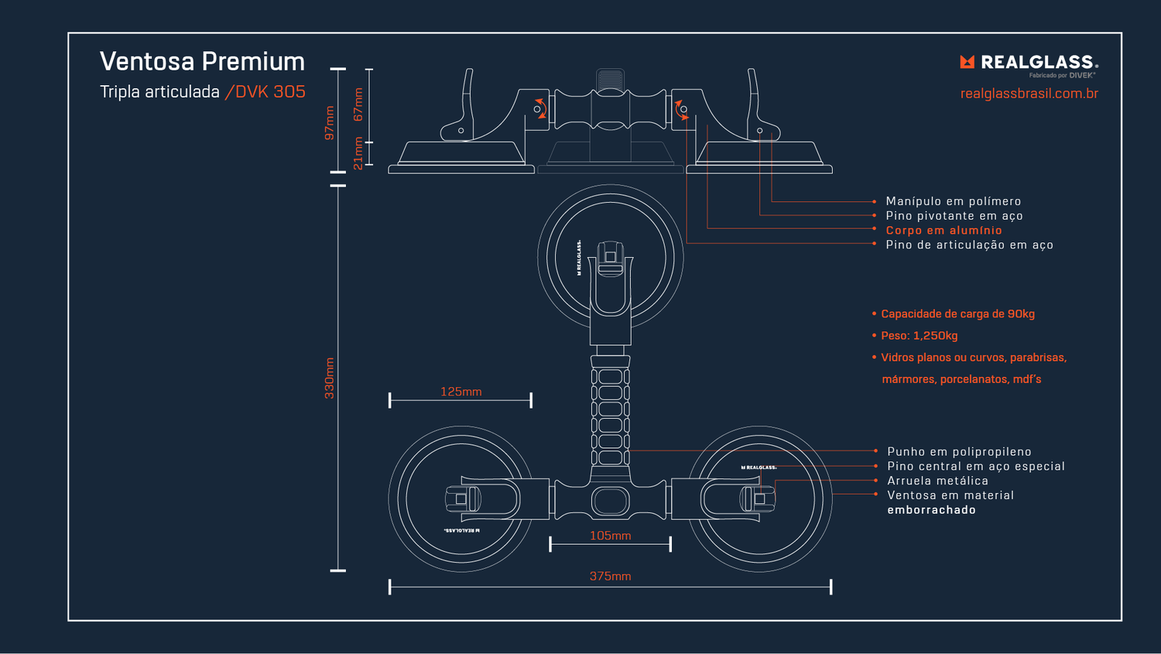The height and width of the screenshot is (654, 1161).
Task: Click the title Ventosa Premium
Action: coord(202,61)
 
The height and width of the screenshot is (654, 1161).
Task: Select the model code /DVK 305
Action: coord(265,91)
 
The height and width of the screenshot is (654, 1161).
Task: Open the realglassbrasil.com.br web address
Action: coord(1029,94)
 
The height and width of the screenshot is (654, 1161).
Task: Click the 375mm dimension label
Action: coord(610,576)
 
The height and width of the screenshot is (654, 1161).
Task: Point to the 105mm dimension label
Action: coord(610,536)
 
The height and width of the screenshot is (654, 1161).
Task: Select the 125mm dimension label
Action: coord(461,392)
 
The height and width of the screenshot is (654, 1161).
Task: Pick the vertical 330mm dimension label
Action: coord(330,378)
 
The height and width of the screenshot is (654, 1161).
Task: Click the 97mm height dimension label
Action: coord(330,122)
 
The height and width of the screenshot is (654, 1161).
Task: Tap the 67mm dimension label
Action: coord(358,104)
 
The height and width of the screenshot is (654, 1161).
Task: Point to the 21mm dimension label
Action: coord(358,153)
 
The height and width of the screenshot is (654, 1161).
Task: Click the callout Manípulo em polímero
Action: coord(953,201)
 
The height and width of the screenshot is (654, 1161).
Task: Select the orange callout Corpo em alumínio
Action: coord(944,230)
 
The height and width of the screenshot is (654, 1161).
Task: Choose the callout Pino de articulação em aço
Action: coord(969,245)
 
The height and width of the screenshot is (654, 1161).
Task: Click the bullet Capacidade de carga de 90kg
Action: coord(957,313)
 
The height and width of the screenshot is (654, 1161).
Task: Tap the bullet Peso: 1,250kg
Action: coord(919,335)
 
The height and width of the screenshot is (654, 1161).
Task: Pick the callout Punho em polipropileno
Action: coord(959,451)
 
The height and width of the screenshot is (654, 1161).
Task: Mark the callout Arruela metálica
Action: coord(937,481)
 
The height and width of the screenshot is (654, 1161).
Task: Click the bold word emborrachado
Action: coord(931,510)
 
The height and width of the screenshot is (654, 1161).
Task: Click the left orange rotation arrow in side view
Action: coord(542,108)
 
